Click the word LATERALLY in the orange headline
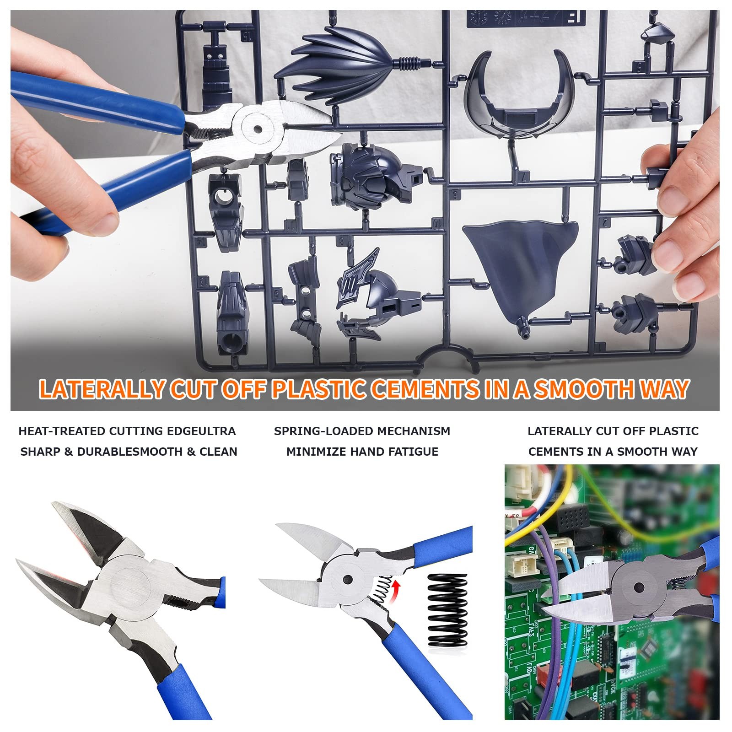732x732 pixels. [102, 389]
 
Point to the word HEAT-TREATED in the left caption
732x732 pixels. [62, 431]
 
